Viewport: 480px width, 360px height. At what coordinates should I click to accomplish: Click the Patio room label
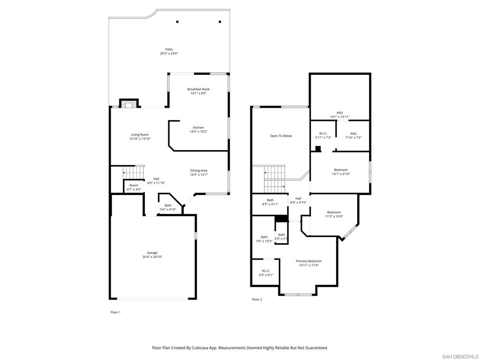(x=169, y=49)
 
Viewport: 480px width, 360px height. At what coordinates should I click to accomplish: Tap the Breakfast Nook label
(x=198, y=89)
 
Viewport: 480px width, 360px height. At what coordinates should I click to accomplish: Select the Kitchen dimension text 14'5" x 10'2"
(x=198, y=132)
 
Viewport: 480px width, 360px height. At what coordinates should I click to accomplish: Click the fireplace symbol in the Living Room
(x=128, y=105)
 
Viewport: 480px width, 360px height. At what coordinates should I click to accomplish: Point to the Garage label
(x=152, y=253)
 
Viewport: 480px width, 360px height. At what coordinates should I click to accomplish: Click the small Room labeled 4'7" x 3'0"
(x=134, y=187)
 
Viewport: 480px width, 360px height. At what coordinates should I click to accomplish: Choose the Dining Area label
(x=199, y=171)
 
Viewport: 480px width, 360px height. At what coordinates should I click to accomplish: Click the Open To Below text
(x=281, y=136)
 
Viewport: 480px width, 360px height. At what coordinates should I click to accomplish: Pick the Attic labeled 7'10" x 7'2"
(x=353, y=135)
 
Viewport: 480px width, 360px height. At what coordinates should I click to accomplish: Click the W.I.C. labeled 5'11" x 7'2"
(x=323, y=135)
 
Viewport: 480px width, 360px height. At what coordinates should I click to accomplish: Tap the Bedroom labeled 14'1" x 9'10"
(x=341, y=172)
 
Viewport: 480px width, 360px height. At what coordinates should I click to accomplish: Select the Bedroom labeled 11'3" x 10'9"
(x=334, y=214)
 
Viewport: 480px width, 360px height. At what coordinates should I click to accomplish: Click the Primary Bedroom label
(x=308, y=261)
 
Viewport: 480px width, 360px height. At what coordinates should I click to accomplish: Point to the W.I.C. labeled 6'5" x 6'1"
(x=266, y=273)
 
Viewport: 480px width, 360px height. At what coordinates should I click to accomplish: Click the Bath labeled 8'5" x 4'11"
(x=270, y=202)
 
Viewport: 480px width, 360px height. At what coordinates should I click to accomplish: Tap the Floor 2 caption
(x=257, y=300)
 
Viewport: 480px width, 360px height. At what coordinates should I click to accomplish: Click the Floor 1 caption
(x=115, y=312)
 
